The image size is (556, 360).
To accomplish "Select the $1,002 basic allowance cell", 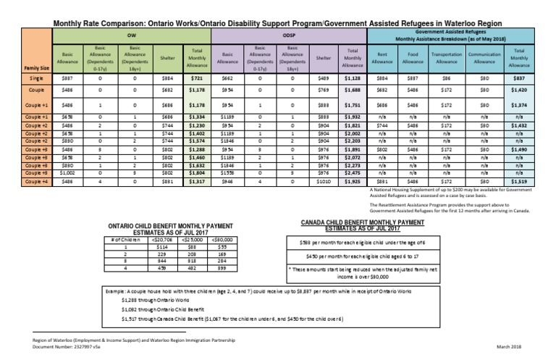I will click(x=67, y=173).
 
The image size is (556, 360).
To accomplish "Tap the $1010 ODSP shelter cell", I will click(x=323, y=183).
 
